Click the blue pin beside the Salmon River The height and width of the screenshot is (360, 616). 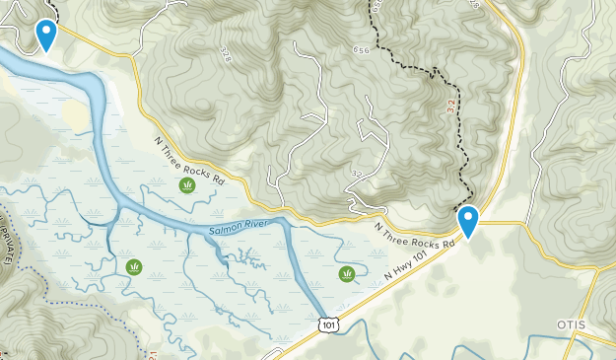pyautogui.click(x=45, y=36)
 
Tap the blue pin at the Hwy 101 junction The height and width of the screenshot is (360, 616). pyautogui.click(x=468, y=221)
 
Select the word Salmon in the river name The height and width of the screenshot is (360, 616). pyautogui.click(x=223, y=233)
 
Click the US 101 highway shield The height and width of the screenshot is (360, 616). pyautogui.click(x=325, y=324)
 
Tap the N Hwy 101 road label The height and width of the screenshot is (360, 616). pyautogui.click(x=411, y=270)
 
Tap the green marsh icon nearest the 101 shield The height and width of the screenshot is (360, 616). pyautogui.click(x=346, y=274)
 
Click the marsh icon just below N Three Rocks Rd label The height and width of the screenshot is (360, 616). pyautogui.click(x=186, y=185)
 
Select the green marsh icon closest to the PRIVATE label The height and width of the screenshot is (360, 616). pyautogui.click(x=133, y=267)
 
